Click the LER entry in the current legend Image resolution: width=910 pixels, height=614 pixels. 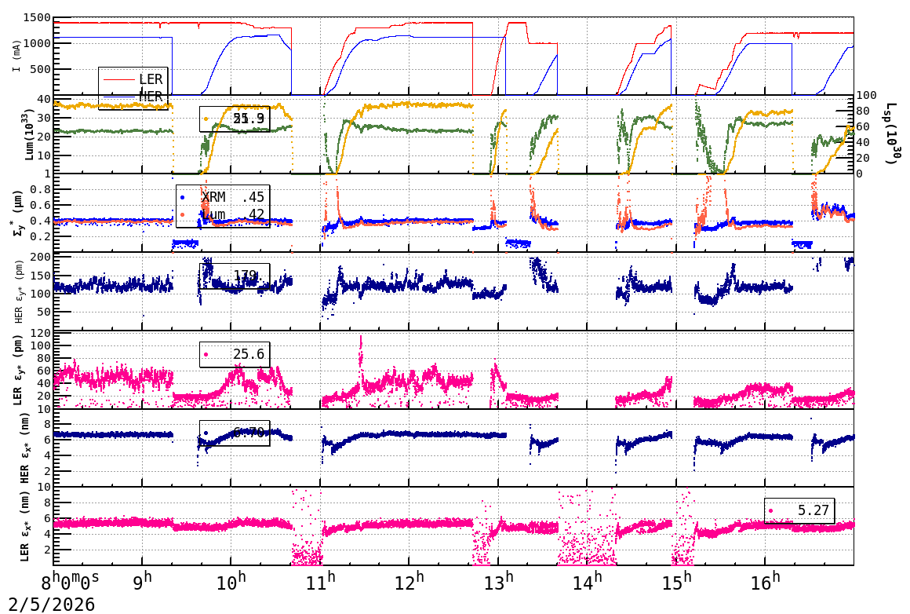click(x=150, y=79)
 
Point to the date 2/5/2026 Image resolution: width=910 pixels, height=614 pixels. click(x=48, y=604)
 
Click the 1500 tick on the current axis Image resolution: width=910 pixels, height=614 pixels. click(x=36, y=18)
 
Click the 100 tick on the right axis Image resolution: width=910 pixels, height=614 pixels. click(x=866, y=96)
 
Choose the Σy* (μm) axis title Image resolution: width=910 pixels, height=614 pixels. click(x=16, y=212)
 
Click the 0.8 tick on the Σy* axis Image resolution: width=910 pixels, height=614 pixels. click(x=39, y=189)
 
